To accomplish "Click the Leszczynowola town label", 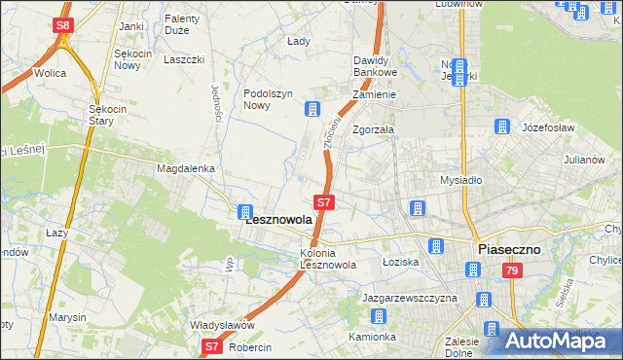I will [278, 220].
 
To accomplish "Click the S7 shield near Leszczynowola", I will [326, 202].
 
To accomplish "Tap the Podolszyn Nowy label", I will [268, 100].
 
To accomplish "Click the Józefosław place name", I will [550, 128].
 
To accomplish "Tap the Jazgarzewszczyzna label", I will [409, 298].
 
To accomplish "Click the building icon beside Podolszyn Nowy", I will [311, 108].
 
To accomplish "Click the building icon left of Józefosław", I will [502, 126].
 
